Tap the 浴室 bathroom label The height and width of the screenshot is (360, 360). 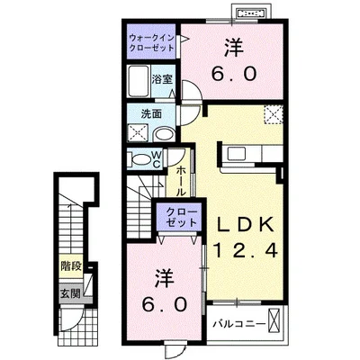coord(162,78)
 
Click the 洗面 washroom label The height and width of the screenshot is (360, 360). coord(151,114)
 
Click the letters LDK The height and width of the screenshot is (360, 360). coord(247,223)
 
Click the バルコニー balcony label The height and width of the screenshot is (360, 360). coord(238,321)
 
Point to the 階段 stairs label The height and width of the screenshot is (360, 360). coord(71,266)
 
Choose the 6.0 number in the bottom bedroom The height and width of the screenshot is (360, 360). coord(165,304)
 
